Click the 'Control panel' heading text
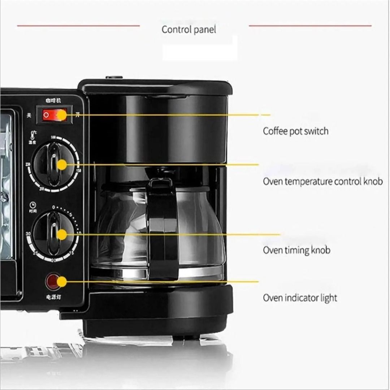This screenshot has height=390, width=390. tap(188, 30)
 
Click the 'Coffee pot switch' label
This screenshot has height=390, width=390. tap(295, 131)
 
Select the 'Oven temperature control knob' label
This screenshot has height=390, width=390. tap(322, 181)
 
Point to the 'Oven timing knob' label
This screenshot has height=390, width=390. tap(296, 250)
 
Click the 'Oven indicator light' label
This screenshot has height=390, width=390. tap(300, 298)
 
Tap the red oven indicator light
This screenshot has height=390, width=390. tap(53, 281)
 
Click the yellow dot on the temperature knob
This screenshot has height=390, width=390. tap(62, 165)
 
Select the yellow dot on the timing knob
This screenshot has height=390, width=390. tap(62, 234)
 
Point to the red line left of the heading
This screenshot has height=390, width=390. tap(78, 26)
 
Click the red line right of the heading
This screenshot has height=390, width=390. tap(310, 26)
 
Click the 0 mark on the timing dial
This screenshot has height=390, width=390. tap(53, 208)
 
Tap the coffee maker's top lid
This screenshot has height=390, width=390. tap(155, 87)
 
